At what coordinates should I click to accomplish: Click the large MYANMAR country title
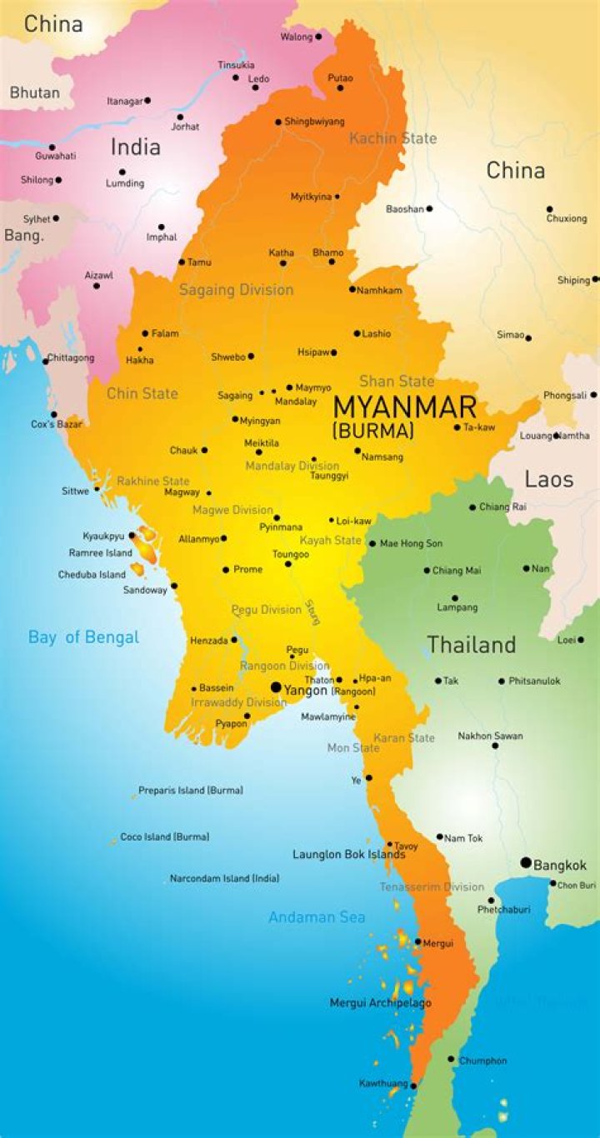click(405, 407)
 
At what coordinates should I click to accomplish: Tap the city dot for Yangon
click(276, 687)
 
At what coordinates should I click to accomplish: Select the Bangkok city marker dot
click(526, 862)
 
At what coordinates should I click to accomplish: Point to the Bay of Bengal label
click(83, 637)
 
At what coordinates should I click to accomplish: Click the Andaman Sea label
click(317, 917)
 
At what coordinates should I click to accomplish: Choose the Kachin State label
click(392, 138)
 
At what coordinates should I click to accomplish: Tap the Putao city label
click(340, 77)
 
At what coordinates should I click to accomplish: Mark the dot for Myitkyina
click(337, 197)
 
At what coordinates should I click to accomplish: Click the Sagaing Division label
click(236, 290)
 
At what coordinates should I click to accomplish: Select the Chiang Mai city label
click(457, 571)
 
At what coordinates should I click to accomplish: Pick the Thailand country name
click(472, 644)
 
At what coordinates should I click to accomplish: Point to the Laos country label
click(548, 479)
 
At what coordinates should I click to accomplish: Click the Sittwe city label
click(75, 492)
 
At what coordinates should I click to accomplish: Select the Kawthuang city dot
click(413, 1086)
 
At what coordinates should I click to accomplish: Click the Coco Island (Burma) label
click(164, 836)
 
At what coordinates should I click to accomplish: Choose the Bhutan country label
click(34, 92)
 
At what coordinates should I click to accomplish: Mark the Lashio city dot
click(357, 333)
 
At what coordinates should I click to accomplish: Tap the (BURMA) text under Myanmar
click(372, 432)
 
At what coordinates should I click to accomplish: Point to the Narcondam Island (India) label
click(224, 878)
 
